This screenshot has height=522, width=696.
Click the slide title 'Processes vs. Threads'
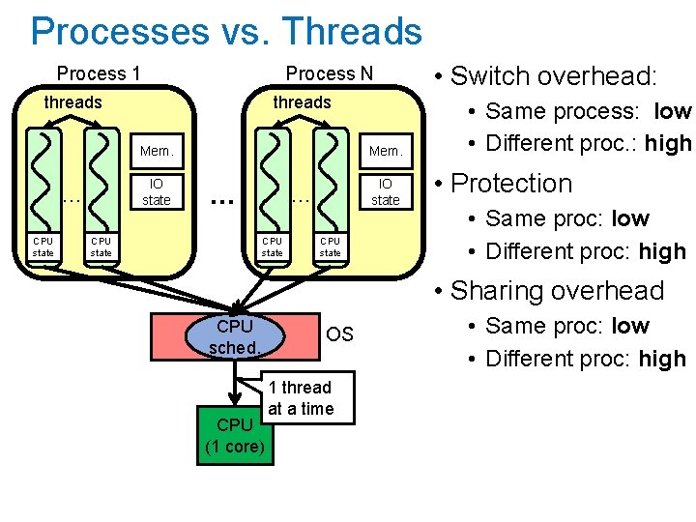pos(226,31)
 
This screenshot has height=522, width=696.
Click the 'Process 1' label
pos(99,73)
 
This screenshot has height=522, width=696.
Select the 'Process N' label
pos(330,73)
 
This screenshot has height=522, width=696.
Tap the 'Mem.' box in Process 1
pos(157,151)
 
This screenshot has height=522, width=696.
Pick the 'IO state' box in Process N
pos(386,191)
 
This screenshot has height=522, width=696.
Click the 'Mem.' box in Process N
pos(386,151)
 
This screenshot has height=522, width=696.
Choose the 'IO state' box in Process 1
pos(157,191)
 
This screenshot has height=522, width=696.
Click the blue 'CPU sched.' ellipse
pos(235,336)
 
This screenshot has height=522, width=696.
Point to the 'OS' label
pos(340,334)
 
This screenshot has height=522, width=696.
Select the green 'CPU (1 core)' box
pos(235,434)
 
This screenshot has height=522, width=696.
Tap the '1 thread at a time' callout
pos(301,397)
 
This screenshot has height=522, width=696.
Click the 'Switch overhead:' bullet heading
pos(554,75)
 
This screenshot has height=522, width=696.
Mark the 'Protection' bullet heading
pos(511,183)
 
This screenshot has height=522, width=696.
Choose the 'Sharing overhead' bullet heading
pos(558,290)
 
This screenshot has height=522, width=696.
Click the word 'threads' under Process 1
pos(73,101)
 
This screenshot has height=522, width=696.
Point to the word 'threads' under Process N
pos(303,101)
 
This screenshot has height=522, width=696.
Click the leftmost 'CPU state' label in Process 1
pos(43,246)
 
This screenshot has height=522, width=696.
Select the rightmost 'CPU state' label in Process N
pos(331,246)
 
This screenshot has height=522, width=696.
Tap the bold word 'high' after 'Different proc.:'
pos(669,143)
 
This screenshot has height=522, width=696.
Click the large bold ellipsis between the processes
pos(222,199)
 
